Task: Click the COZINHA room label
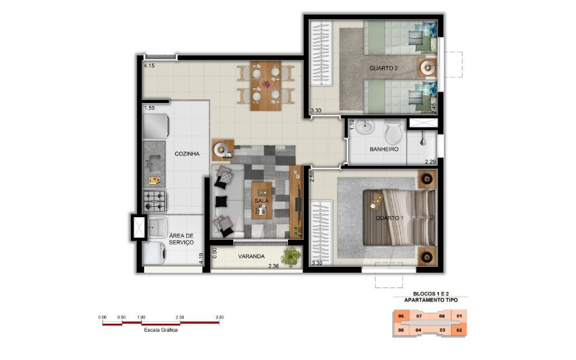(187, 154)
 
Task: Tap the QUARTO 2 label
(384, 69)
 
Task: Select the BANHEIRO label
(384, 150)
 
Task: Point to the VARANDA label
(251, 256)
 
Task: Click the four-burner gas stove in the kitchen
(154, 201)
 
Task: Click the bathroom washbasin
(365, 127)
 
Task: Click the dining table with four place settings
(266, 86)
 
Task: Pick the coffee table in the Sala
(262, 200)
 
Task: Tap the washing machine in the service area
(154, 253)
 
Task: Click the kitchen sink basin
(154, 162)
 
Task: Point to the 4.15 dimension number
(149, 66)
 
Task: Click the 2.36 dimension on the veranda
(273, 266)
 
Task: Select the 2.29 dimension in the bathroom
(430, 162)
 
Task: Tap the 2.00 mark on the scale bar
(180, 317)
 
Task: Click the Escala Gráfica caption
(161, 330)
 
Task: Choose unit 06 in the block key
(401, 316)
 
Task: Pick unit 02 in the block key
(459, 330)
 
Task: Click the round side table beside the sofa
(222, 150)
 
